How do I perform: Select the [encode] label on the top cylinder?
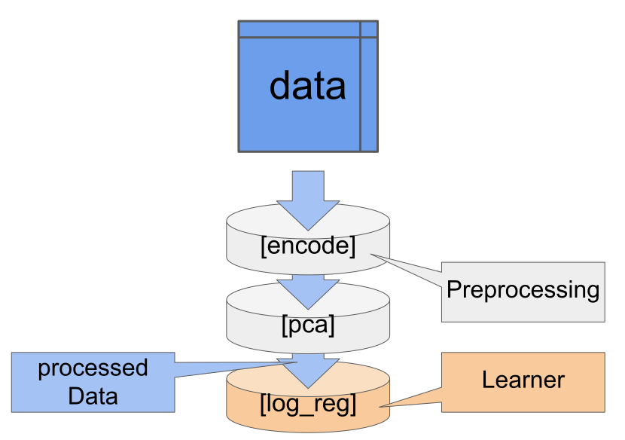coord(308,246)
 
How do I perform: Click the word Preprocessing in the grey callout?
coord(523,290)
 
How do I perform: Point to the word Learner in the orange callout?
coord(523,380)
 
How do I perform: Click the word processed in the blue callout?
coord(93,368)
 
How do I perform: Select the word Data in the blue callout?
coord(93,396)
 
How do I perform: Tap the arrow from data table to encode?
coord(308,200)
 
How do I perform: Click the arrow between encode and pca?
coord(308,290)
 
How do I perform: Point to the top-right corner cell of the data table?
coord(368,29)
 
